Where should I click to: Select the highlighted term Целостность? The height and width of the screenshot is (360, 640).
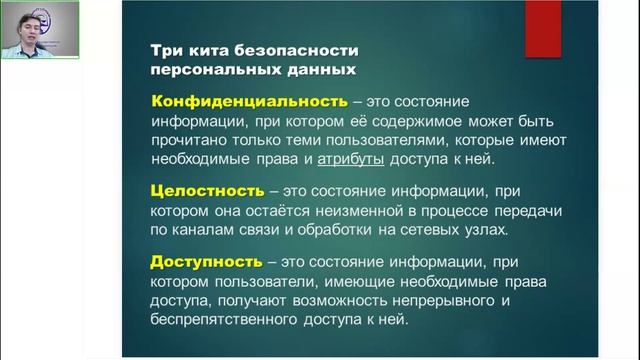[205, 190]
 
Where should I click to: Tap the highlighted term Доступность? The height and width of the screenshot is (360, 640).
[204, 262]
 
